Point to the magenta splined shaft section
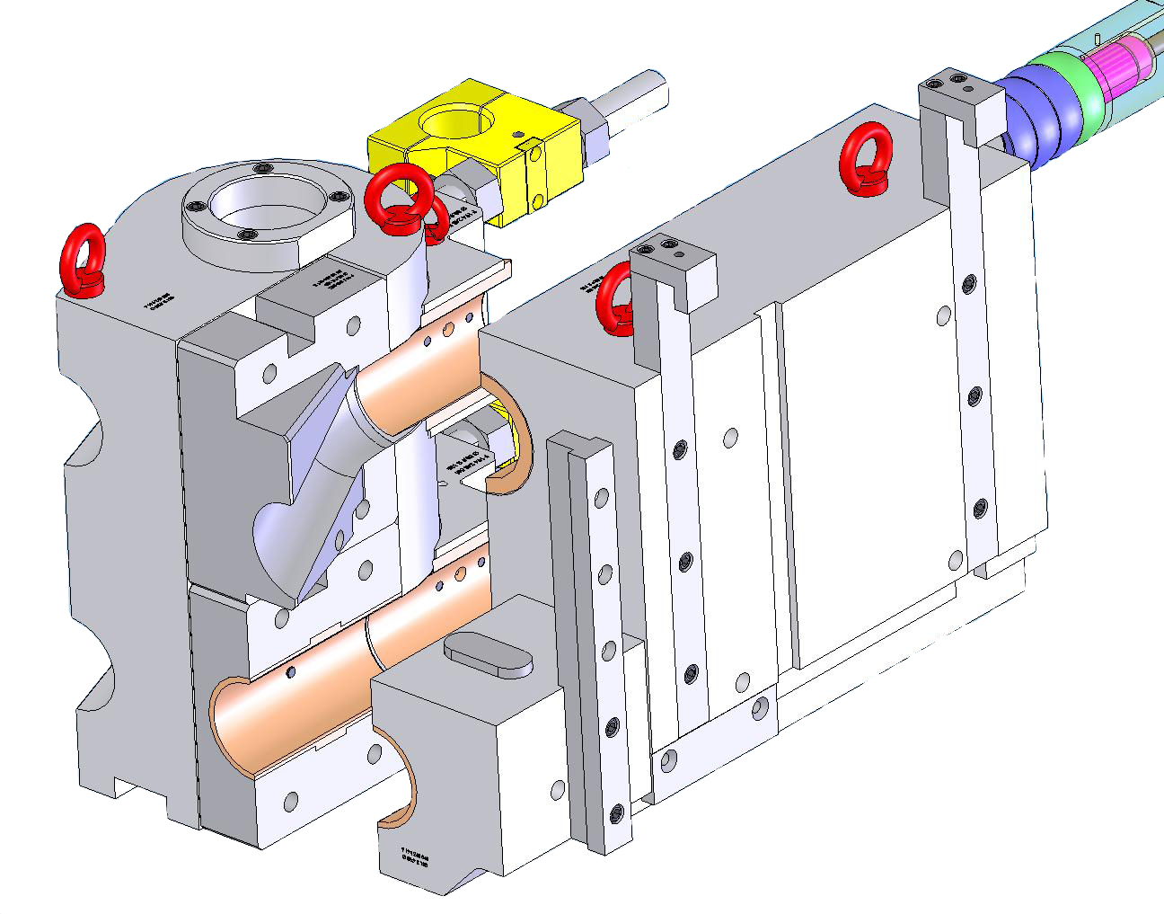pyautogui.click(x=1118, y=67)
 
